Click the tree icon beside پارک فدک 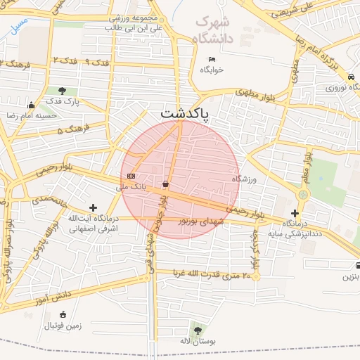coord(63,91)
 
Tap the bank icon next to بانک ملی coord(131,176)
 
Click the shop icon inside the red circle coord(165,184)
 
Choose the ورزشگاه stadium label coord(245,179)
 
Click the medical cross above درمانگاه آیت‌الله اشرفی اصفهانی coord(93,207)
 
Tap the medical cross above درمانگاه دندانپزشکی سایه coord(295,212)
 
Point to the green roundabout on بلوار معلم coord(304,193)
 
